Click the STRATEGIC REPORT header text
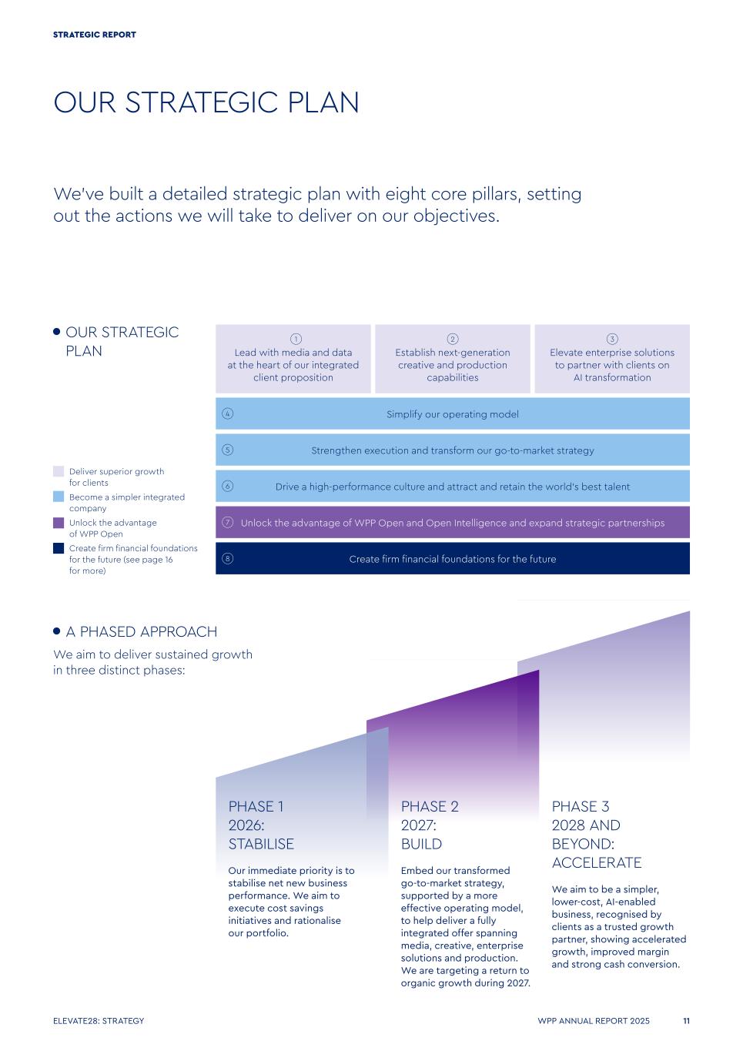94,35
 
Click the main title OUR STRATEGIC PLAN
206,102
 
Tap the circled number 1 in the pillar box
296,339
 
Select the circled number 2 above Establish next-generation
453,339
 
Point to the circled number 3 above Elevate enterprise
612,339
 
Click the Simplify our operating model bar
453,413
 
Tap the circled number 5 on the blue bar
227,450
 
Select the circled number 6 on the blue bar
227,486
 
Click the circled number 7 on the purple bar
227,522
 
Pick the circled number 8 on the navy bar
227,558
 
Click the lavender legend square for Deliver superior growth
59,471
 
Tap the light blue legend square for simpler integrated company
59,497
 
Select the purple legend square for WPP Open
59,523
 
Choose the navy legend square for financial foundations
59,548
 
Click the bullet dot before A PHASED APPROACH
57,631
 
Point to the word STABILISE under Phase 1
261,844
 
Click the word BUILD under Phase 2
421,844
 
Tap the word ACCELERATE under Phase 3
597,862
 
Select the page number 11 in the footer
686,1020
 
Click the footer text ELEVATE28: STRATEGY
99,1020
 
